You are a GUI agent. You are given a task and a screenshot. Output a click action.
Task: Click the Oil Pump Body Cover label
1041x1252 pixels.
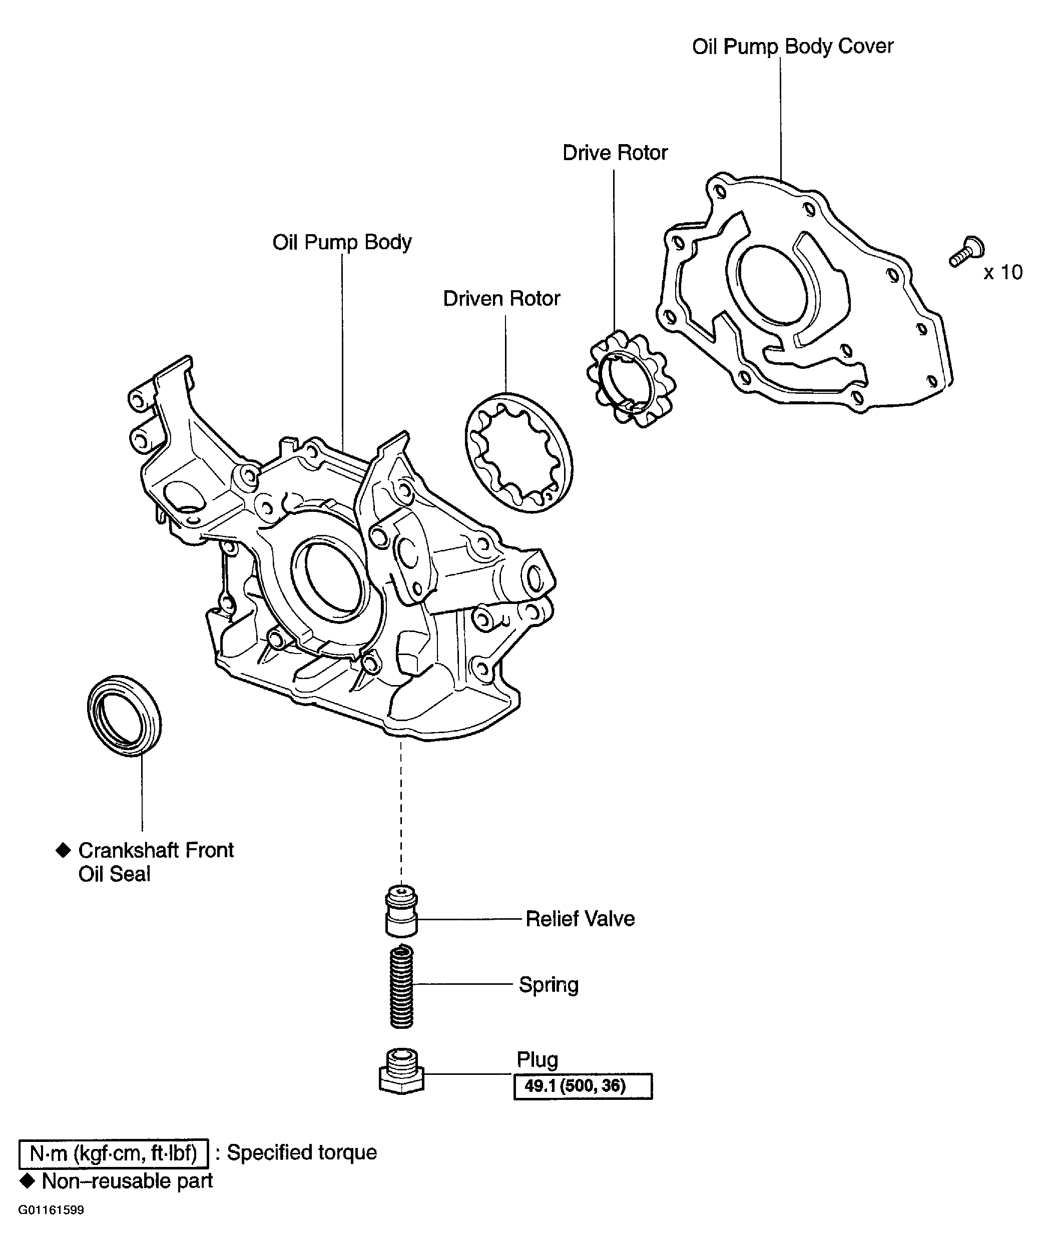click(792, 47)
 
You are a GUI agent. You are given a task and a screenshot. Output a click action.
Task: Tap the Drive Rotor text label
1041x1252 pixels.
click(615, 153)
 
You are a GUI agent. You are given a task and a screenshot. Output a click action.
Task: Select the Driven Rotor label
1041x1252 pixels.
click(501, 299)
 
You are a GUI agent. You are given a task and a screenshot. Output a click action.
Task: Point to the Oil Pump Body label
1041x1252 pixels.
click(342, 242)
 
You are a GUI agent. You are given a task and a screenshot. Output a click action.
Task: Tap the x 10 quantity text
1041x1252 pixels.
click(1003, 272)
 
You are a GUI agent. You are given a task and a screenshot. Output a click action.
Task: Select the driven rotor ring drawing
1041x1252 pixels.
click(518, 452)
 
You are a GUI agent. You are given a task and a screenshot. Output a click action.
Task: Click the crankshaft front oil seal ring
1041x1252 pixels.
click(124, 716)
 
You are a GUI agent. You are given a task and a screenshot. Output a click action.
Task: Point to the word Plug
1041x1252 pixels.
click(537, 1059)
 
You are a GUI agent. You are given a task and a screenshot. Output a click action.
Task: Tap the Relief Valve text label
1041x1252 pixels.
click(580, 919)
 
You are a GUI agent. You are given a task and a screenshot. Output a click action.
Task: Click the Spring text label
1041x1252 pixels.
click(549, 984)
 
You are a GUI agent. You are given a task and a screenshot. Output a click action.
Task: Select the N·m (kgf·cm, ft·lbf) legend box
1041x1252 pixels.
click(113, 1153)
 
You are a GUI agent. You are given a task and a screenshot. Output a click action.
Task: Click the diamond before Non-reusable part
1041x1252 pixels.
click(27, 1180)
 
